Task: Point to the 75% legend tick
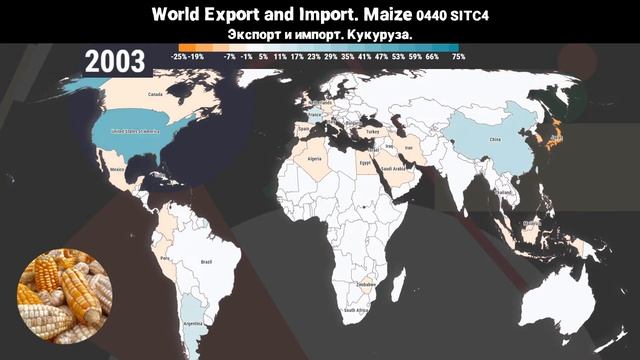pos(458,58)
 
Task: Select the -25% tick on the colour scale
pos(180,58)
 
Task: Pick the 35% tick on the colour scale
pos(347,58)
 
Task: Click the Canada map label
pos(155,95)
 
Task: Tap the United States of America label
pos(135,131)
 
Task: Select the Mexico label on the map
pos(116,170)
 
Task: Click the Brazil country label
pos(207,262)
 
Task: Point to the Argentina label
pos(186,325)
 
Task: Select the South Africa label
pos(355,310)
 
